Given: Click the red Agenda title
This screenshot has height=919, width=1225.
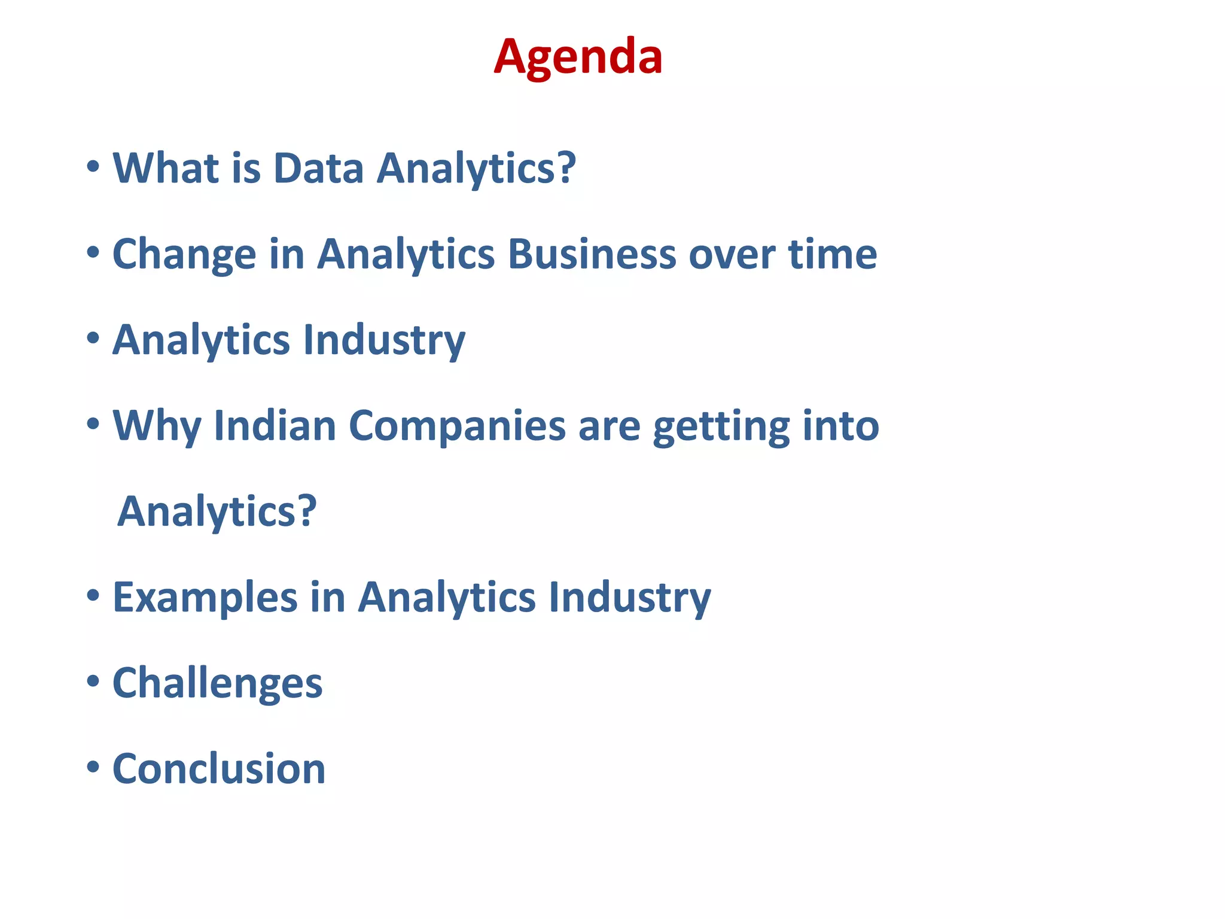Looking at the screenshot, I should click(578, 56).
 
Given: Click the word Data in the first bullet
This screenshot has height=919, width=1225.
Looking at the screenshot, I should click(318, 168).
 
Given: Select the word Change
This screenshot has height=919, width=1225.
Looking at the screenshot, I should click(184, 254).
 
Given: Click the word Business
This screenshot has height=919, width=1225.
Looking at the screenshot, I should click(592, 254).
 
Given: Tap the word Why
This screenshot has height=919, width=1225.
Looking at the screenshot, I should click(157, 426).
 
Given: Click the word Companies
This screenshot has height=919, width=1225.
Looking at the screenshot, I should click(457, 426).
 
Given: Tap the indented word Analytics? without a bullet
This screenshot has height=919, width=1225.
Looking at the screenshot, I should click(217, 512).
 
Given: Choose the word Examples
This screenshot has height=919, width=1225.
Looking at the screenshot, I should click(205, 598).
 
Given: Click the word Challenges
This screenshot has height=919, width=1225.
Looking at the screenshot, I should click(217, 683).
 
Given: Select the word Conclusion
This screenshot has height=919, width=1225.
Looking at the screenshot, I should click(219, 769).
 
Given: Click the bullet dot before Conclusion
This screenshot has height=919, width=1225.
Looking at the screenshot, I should click(93, 766).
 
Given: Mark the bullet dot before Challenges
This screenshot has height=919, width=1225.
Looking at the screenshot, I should click(93, 681).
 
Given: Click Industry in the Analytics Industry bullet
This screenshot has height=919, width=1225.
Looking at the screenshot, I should click(384, 340).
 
